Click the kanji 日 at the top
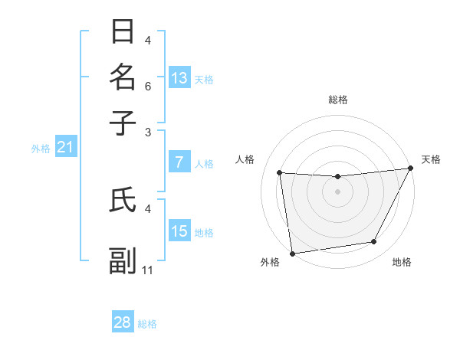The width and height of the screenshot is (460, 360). coord(123,32)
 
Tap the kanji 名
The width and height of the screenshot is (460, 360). coord(123,77)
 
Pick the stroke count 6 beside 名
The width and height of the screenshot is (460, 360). coord(148,86)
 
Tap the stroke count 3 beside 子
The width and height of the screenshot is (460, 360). coord(148,132)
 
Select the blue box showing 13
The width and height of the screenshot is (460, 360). coord(179,77)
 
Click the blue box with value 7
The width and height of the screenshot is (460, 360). coord(179,162)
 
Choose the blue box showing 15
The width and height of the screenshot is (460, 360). coord(179,231)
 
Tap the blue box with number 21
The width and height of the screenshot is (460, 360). coord(65,147)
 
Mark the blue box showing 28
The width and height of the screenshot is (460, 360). coord(123,322)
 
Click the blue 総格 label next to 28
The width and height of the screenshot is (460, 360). coord(147,324)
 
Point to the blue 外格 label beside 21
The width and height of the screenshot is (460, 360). coord(41,149)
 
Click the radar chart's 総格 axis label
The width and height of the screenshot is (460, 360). coord(337,100)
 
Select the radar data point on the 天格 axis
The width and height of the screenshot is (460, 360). coord(410,169)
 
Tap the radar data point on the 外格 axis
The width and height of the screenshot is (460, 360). coord(292,253)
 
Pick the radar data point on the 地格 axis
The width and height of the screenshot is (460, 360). coord(374,242)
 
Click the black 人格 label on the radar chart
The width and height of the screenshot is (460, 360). coord(245,159)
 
